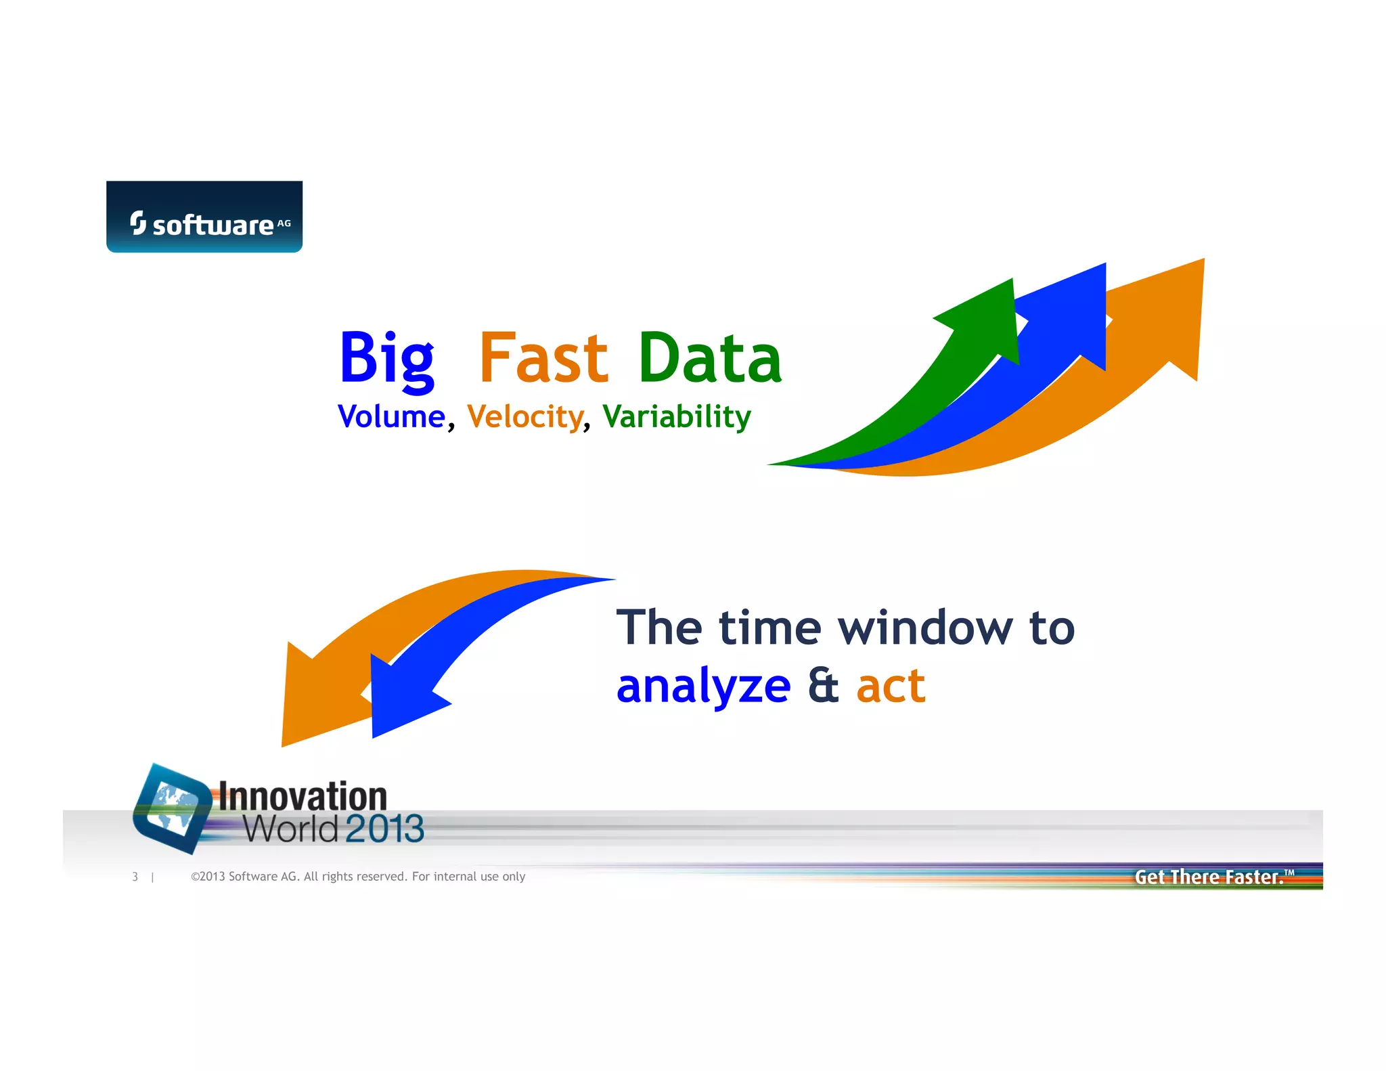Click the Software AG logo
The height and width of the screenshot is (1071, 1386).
point(204,217)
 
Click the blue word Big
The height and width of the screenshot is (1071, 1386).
point(386,359)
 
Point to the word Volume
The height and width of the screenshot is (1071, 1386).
point(391,416)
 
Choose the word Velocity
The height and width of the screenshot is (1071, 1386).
point(525,416)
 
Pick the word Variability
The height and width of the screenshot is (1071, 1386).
point(677,416)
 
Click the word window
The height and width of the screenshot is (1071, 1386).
point(926,628)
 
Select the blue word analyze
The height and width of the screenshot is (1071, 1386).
point(703,686)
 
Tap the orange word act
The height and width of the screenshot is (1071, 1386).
point(891,686)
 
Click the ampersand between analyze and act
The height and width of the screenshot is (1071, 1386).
point(823,685)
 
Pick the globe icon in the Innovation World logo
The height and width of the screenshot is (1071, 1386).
point(173,807)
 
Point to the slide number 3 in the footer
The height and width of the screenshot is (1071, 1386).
point(135,877)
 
